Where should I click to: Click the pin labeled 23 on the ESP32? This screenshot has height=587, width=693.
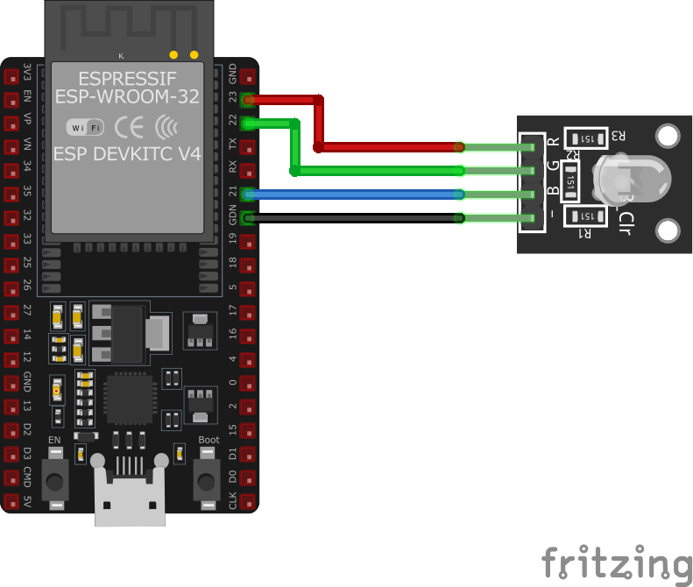[x=249, y=98]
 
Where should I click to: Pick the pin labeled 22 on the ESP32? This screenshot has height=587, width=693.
[x=249, y=123]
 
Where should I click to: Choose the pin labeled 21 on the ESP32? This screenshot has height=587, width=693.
[x=249, y=194]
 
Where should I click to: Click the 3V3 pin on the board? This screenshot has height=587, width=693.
[x=11, y=74]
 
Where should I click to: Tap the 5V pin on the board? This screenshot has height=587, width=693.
[x=11, y=502]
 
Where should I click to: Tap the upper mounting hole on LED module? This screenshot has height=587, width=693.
[x=668, y=136]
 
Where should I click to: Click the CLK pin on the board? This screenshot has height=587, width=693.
[x=249, y=502]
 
